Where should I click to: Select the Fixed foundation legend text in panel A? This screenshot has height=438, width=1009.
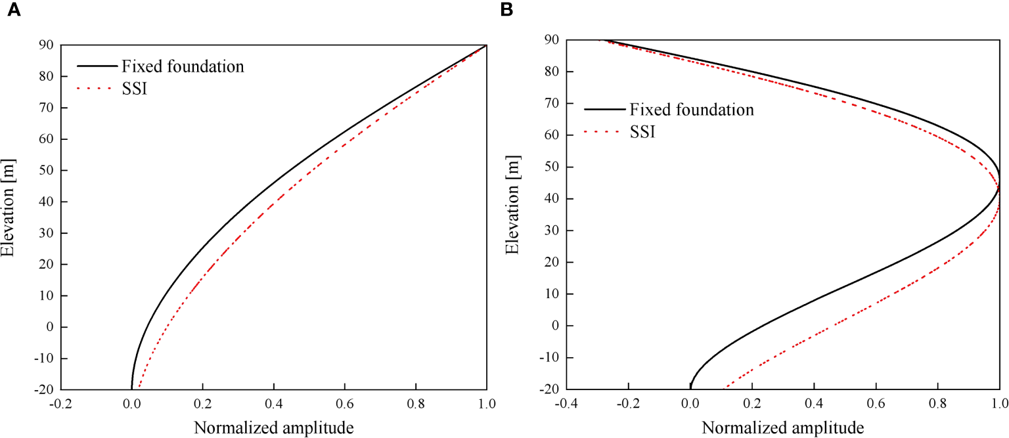pos(182,66)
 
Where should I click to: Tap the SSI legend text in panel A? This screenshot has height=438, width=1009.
pos(134,88)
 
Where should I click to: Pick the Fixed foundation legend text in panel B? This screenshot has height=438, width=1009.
pos(692,110)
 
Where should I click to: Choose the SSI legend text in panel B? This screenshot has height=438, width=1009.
pos(644,132)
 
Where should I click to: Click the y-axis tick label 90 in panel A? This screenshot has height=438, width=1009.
pos(47,45)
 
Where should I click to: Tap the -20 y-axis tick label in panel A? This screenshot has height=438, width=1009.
pos(43,389)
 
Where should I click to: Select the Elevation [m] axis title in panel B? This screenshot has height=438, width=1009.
pos(513,215)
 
